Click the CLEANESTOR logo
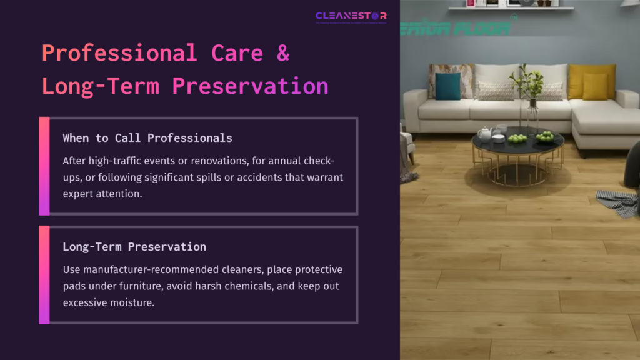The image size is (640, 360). click(351, 16)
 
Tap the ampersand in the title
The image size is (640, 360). click(283, 54)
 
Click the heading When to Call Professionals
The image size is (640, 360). click(147, 138)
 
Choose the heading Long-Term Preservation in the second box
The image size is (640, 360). click(134, 247)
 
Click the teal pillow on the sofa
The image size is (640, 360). click(447, 86)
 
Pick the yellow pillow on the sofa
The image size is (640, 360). click(594, 84)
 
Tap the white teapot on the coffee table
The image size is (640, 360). click(484, 133)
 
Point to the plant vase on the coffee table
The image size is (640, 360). click(532, 116)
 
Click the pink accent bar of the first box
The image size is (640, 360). click(44, 166)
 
